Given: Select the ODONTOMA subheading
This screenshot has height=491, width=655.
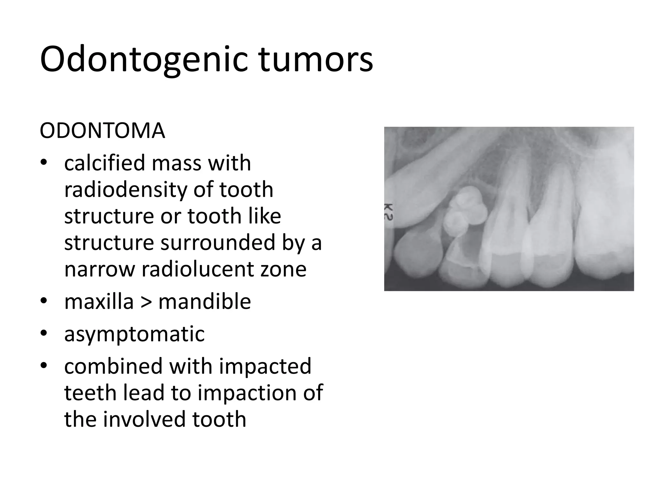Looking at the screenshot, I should [x=102, y=131].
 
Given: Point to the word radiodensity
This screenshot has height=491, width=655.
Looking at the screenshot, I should [x=125, y=190].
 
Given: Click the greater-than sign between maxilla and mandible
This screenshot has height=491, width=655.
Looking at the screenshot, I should [x=146, y=302].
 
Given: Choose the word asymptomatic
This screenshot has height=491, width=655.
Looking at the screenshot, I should [x=134, y=334].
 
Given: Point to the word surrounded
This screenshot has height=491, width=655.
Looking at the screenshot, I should [x=218, y=243].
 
